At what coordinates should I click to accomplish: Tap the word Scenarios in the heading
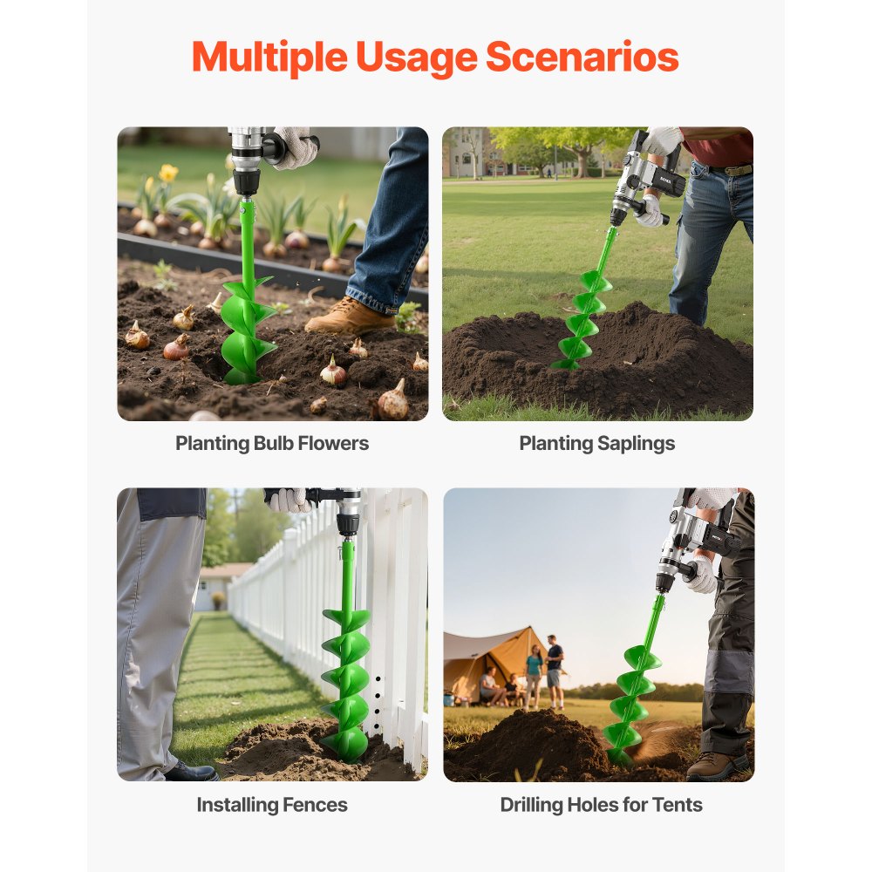(582, 57)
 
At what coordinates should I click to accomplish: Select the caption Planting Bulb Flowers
(272, 443)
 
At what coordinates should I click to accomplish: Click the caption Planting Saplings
(597, 443)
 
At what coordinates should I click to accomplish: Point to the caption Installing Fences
(272, 805)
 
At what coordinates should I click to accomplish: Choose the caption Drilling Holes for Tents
(601, 805)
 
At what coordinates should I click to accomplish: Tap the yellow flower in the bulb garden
(168, 173)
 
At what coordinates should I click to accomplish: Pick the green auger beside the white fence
(347, 671)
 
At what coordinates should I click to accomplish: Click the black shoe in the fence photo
(191, 771)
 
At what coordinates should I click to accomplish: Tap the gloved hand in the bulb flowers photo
(294, 146)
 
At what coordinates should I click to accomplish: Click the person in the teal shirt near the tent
(533, 675)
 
